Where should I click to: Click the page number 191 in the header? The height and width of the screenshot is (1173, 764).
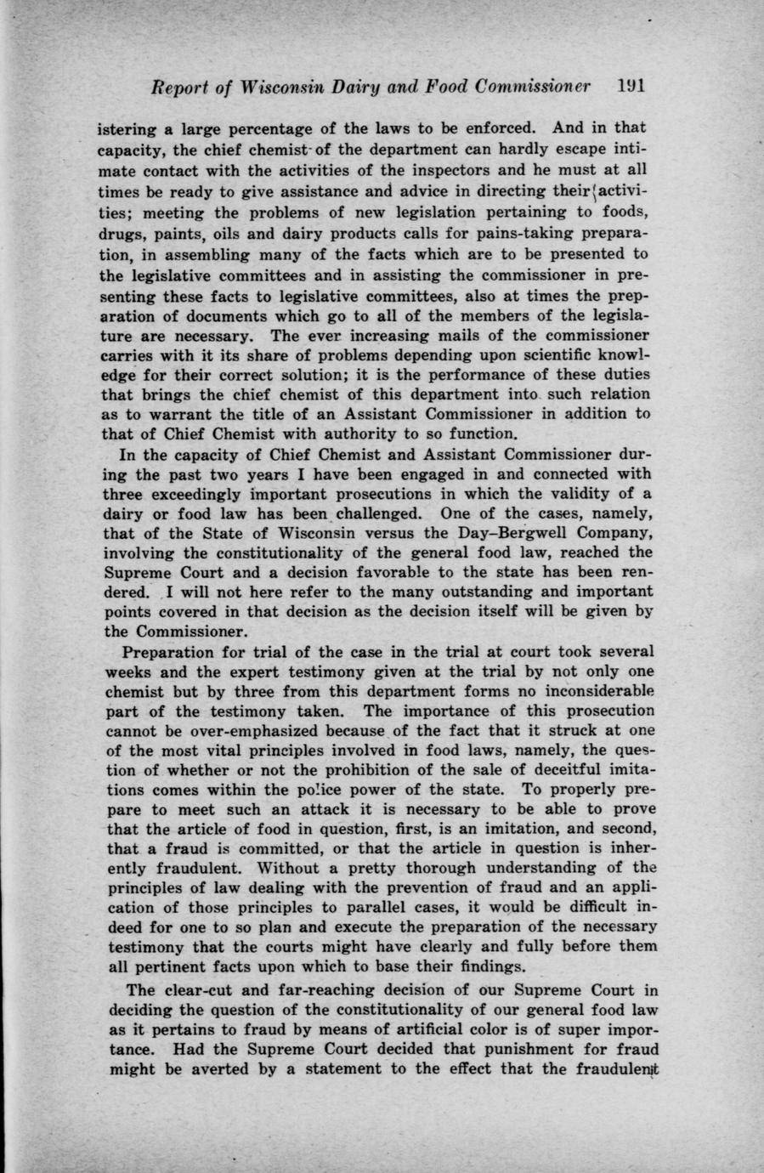pos(632,87)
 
